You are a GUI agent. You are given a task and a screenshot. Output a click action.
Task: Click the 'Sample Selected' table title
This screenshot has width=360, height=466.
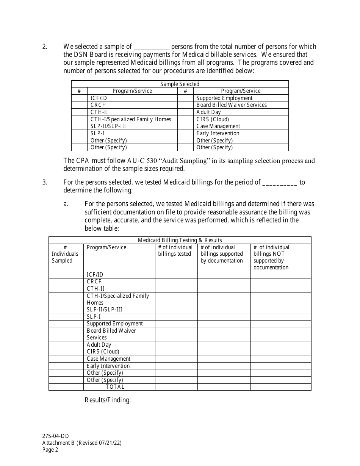pos(180,84)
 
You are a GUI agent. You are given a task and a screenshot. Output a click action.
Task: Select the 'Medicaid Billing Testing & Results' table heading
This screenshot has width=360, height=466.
pos(180,240)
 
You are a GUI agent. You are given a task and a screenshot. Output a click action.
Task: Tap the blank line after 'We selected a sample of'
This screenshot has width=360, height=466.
pos(152,47)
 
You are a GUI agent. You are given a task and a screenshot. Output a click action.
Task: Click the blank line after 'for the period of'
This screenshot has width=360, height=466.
pos(279,182)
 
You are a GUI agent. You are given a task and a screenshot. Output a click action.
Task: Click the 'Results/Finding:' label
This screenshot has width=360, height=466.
pos(108,400)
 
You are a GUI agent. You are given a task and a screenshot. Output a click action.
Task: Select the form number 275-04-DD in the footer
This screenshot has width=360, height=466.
pos(55,436)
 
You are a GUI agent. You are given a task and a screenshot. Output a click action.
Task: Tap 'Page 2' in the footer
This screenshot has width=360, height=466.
pos(50,450)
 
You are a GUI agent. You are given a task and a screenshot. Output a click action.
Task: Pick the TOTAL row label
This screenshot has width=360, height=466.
pos(115,387)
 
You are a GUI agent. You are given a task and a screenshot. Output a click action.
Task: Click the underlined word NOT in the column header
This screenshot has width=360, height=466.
pos(279,254)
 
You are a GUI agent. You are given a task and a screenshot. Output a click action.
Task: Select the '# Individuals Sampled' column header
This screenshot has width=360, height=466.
pos(65,254)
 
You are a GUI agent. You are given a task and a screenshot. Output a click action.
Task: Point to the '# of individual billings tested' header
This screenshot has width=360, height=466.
pos(175,251)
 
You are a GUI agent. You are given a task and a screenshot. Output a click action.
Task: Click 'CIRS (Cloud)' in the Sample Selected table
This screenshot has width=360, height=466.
pos(213,119)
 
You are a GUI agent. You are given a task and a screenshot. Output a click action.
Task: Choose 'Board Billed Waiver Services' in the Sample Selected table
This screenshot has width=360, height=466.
pos(232,105)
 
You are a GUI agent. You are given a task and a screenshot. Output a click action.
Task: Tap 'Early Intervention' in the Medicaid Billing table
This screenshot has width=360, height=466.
pos(108,366)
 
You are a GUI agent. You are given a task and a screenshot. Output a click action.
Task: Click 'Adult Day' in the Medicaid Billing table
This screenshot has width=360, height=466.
pos(99,345)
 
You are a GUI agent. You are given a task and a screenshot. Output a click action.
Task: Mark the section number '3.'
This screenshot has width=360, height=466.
pos(45,182)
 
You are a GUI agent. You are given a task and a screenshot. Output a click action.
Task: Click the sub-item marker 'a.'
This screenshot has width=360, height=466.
pos(66,204)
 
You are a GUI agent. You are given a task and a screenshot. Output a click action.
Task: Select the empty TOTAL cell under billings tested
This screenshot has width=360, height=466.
pos(176,387)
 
